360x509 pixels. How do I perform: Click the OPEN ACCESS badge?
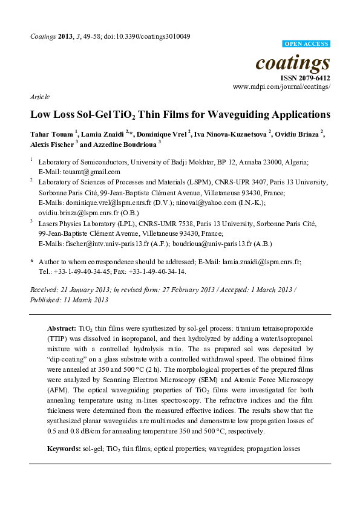click(307, 44)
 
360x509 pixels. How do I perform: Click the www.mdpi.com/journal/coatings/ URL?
click(281, 87)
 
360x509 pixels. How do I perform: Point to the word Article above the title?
click(40, 97)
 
